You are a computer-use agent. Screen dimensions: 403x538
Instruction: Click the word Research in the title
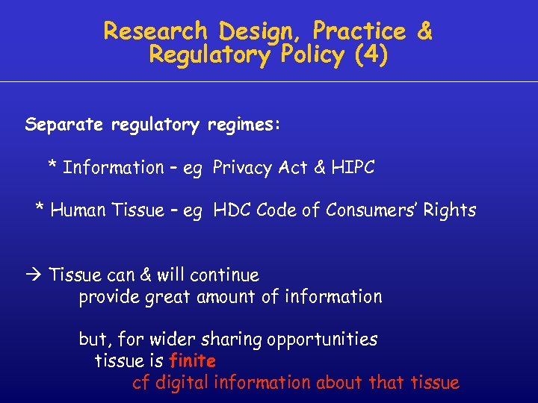(155, 31)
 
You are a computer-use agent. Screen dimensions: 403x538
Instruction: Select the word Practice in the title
(359, 31)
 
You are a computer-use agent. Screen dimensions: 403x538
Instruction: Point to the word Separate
(65, 125)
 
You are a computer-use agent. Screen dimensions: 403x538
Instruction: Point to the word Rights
(449, 211)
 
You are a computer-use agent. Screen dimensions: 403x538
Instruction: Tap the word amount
(226, 297)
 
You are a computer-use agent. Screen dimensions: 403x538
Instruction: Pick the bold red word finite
(192, 361)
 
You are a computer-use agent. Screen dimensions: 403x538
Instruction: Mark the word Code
(274, 210)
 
